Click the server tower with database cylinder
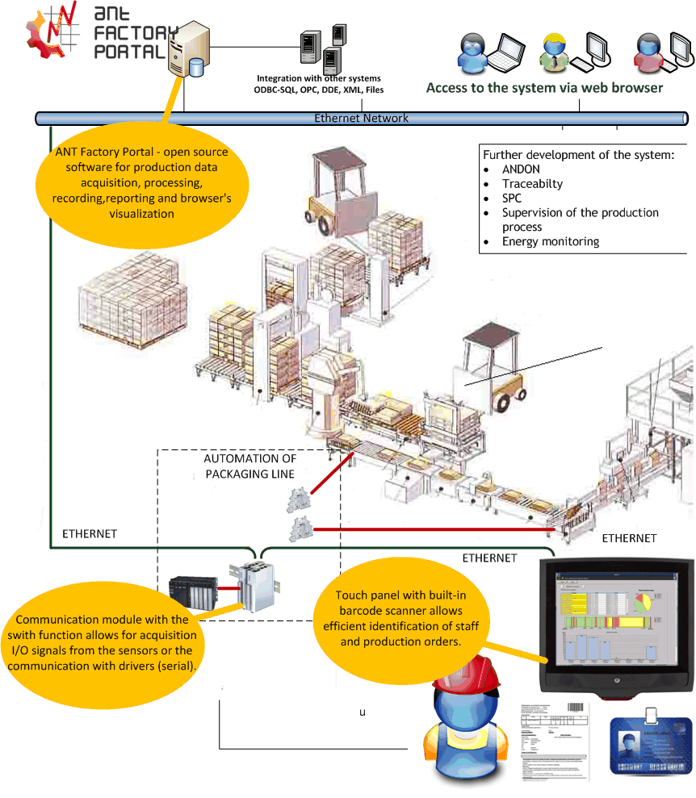[x=189, y=50]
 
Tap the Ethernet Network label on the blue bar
[x=361, y=119]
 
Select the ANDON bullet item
[x=521, y=169]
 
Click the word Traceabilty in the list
[x=532, y=184]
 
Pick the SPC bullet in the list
[x=512, y=198]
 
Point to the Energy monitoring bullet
[x=550, y=241]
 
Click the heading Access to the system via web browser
[x=544, y=88]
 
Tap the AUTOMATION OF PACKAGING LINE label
[x=249, y=466]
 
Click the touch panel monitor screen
[x=615, y=618]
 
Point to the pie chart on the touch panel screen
[x=642, y=603]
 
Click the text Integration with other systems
[x=318, y=78]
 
